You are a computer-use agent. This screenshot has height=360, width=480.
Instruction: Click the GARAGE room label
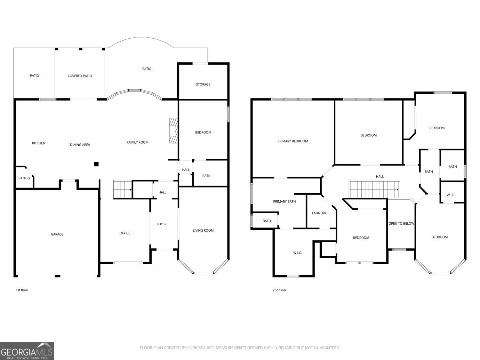(57, 234)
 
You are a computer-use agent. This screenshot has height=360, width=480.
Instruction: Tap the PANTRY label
(24, 178)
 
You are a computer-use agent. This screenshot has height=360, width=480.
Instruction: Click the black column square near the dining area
(96, 164)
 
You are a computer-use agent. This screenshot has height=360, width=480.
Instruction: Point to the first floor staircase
(122, 189)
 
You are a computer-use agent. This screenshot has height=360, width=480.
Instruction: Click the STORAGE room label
(203, 84)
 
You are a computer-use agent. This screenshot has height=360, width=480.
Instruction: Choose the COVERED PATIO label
(80, 76)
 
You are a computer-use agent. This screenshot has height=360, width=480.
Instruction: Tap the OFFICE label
(125, 233)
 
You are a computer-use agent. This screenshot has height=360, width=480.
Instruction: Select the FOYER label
(161, 224)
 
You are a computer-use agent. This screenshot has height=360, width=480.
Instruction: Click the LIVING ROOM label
(203, 230)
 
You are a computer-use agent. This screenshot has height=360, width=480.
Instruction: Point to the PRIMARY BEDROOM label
(292, 141)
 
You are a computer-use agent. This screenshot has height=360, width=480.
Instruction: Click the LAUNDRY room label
(319, 213)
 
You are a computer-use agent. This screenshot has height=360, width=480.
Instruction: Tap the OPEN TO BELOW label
(401, 223)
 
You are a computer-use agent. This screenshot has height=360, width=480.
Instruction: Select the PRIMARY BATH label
(284, 202)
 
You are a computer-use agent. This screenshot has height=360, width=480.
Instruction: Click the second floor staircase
(374, 189)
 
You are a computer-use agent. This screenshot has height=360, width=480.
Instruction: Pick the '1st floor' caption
(22, 290)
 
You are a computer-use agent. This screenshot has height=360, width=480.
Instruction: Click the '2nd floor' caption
(279, 290)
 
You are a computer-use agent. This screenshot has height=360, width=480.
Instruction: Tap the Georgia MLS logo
(27, 351)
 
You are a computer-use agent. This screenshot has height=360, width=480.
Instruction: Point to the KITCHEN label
(39, 143)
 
